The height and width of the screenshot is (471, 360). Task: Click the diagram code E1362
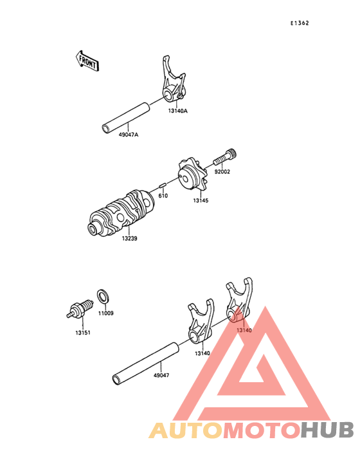click(300, 24)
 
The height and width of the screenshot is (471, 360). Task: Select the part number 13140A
click(178, 111)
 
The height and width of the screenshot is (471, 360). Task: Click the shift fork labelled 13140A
click(172, 84)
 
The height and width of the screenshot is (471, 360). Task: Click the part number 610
click(163, 196)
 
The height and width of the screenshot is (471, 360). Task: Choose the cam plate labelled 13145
click(191, 175)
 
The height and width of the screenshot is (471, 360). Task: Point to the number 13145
click(201, 201)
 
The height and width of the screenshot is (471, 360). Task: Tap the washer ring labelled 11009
click(103, 297)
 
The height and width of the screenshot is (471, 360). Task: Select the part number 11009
click(106, 313)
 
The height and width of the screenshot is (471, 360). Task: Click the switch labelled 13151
click(78, 309)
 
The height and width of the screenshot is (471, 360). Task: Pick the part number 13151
click(82, 333)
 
